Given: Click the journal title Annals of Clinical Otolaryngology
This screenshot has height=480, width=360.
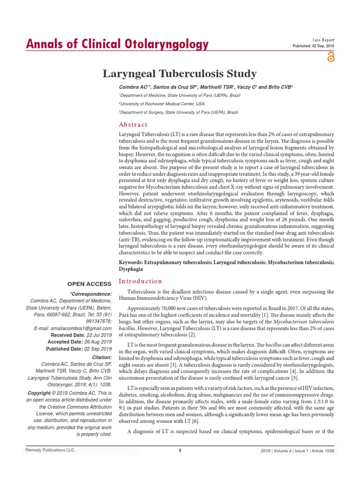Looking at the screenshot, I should coord(117,45).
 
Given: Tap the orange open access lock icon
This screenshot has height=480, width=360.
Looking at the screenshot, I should coord(331,57).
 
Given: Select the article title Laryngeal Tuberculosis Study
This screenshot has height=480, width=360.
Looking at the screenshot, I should coord(180,74).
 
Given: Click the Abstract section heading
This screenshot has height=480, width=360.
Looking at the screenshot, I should coord(133,125).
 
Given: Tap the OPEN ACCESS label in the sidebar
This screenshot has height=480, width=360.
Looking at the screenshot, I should coord(90,284).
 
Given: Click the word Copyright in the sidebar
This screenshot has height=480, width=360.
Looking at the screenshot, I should coord(39,392).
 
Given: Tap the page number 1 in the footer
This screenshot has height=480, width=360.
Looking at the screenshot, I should coord(180,451).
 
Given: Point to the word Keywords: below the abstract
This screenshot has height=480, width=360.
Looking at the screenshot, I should coord(134,263).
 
